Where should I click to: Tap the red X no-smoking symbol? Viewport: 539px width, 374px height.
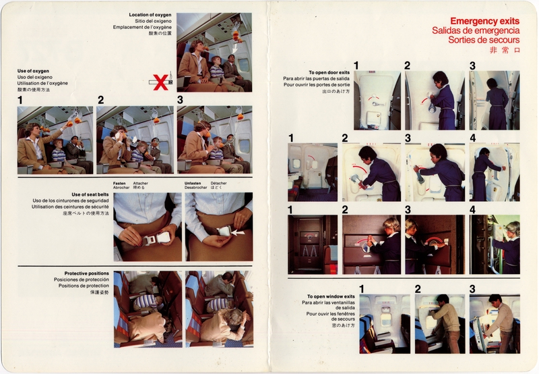tap(160, 83)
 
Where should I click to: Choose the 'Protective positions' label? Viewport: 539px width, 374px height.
tap(86, 273)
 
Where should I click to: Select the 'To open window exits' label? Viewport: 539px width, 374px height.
tap(329, 296)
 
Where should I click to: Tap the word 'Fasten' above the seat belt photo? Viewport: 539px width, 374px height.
tap(120, 184)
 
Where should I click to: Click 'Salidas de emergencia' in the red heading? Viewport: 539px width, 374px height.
tap(476, 31)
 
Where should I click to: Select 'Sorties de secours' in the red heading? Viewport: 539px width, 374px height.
tap(482, 40)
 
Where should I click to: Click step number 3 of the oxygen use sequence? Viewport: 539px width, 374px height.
tap(181, 100)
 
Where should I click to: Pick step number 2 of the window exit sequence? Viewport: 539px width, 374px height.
tap(418, 289)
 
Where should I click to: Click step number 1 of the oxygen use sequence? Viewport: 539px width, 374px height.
tap(21, 100)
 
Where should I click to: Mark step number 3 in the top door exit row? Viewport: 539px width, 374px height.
tap(472, 65)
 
